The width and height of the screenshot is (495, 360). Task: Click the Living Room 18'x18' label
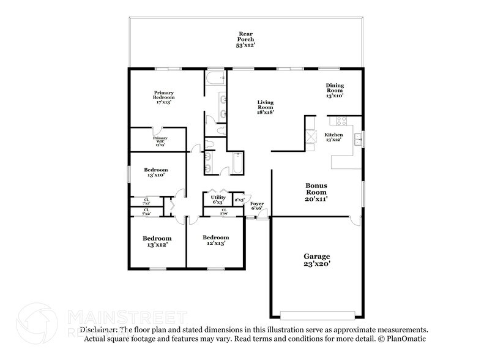click(265, 107)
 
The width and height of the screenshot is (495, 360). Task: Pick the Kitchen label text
click(333, 137)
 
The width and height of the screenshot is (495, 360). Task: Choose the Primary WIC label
click(160, 142)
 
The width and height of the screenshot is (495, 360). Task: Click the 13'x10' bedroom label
click(155, 173)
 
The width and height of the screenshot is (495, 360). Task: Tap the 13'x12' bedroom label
click(157, 241)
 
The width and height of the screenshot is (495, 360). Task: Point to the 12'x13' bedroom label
click(215, 241)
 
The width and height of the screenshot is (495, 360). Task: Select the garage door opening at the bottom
click(316, 316)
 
